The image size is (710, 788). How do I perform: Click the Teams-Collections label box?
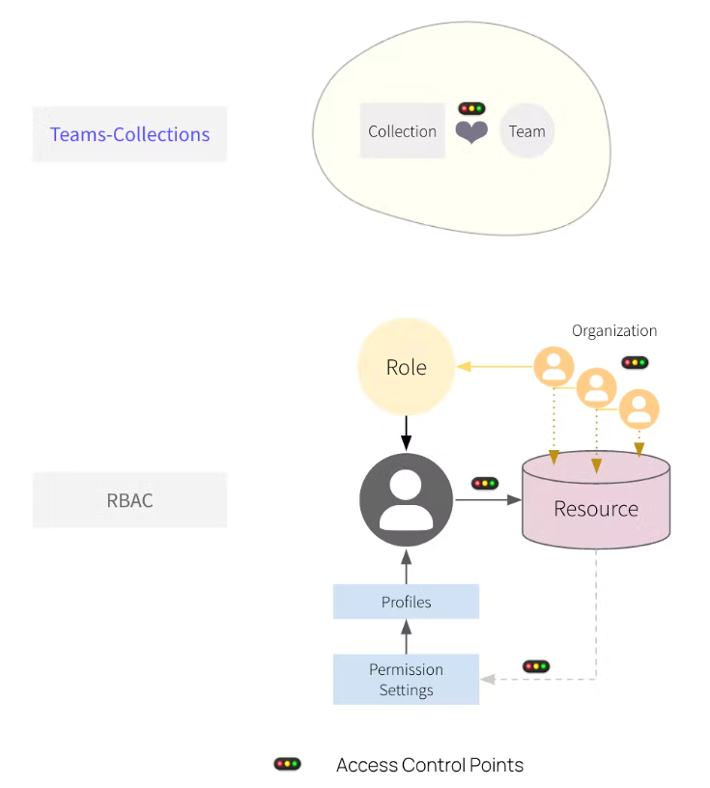tap(129, 134)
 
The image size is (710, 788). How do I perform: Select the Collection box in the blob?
tap(402, 131)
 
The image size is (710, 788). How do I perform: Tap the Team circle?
tap(526, 131)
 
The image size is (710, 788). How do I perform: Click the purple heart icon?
tap(471, 132)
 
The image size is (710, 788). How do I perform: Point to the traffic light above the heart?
tap(471, 108)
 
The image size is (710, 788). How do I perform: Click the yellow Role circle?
tap(406, 367)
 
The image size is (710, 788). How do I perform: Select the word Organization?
tap(614, 330)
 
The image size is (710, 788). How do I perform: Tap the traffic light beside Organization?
tap(635, 363)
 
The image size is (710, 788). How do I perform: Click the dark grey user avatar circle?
tap(406, 499)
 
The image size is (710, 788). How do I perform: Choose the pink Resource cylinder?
tap(595, 500)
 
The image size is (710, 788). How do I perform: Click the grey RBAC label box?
tap(129, 500)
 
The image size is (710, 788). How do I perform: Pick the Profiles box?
tap(406, 602)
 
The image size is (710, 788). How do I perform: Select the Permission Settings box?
tap(406, 680)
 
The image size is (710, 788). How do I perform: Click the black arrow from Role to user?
tap(406, 432)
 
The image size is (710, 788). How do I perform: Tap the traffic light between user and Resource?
tap(484, 483)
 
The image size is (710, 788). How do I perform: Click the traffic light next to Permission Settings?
tap(535, 666)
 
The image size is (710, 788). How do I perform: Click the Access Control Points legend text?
tap(430, 765)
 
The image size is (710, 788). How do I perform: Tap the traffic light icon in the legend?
tap(287, 764)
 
